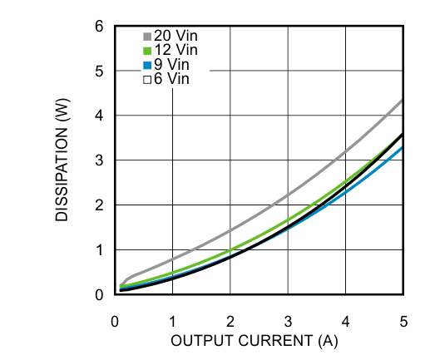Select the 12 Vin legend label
tap(175, 51)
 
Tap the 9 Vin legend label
tap(172, 65)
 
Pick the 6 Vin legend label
tap(172, 79)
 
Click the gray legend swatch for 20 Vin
tap(147, 37)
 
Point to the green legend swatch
tap(147, 51)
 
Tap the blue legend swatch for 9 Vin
tap(147, 65)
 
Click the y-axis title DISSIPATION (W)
tap(63, 162)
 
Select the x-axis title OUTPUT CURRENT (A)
tap(255, 341)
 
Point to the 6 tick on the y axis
tap(98, 27)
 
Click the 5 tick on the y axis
tap(98, 72)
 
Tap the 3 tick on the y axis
tap(98, 160)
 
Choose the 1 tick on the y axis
tap(98, 250)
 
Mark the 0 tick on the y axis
tap(98, 295)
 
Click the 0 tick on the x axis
tap(115, 321)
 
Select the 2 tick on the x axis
tap(230, 321)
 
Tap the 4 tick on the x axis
tap(346, 321)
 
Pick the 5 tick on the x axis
tap(403, 321)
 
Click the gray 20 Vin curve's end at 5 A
tap(403, 100)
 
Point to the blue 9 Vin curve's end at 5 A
tap(403, 148)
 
